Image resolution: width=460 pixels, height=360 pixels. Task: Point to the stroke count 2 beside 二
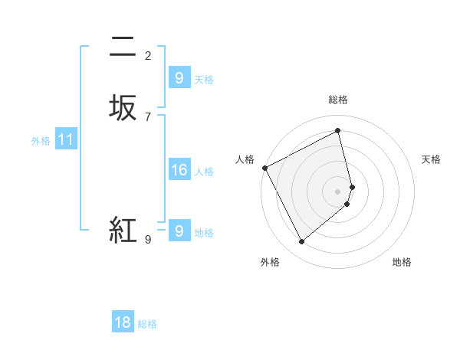(x=148, y=55)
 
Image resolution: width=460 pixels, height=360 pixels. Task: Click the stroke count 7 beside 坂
(x=148, y=116)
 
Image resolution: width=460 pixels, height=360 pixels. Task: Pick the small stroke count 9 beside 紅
(x=148, y=240)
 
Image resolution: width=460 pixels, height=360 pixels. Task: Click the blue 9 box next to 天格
(x=179, y=77)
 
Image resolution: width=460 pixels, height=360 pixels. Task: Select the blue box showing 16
(x=179, y=170)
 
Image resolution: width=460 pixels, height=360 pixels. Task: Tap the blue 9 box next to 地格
(x=179, y=230)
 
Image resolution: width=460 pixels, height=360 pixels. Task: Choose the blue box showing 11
(x=66, y=139)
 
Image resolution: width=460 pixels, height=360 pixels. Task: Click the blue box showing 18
(x=123, y=322)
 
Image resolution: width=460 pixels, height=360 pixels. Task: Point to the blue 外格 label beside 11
(x=41, y=141)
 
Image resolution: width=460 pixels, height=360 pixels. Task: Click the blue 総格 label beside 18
(x=147, y=324)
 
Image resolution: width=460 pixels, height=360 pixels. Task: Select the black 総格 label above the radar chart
(x=338, y=100)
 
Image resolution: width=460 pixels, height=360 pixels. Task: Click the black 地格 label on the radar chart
(x=402, y=262)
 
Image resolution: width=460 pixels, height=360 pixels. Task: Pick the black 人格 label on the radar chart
(x=245, y=159)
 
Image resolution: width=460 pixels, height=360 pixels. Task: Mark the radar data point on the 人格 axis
(x=264, y=168)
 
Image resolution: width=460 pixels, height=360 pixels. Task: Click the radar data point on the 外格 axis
(x=301, y=242)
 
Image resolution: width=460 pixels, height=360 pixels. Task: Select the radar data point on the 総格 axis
(x=338, y=131)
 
